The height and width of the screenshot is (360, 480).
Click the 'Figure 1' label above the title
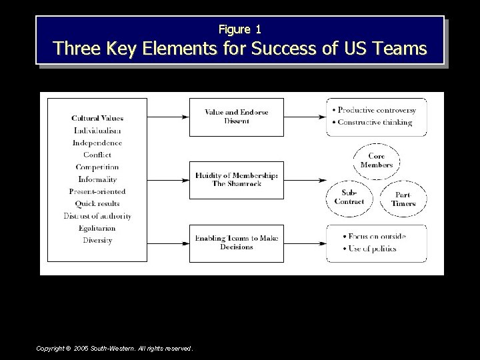pos(240,29)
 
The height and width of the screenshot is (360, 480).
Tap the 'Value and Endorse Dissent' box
pos(237,117)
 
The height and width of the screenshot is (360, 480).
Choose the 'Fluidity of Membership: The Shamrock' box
pos(237,180)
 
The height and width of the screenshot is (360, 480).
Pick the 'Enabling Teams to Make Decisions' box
pos(237,243)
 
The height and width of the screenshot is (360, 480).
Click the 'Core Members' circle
pos(376,161)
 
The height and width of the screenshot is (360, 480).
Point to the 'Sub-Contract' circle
pos(349,197)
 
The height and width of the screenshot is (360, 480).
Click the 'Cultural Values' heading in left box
pos(97,118)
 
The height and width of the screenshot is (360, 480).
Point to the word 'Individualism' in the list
pos(97,131)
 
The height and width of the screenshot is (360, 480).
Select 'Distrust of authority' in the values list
pos(97,216)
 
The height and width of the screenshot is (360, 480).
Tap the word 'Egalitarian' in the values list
pos(97,228)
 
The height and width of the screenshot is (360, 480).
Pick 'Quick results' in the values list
pos(97,204)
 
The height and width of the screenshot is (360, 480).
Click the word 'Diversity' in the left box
pos(97,240)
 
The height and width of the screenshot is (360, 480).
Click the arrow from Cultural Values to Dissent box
pos(168,117)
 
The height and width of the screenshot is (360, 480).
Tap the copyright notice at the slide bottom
pos(115,348)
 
